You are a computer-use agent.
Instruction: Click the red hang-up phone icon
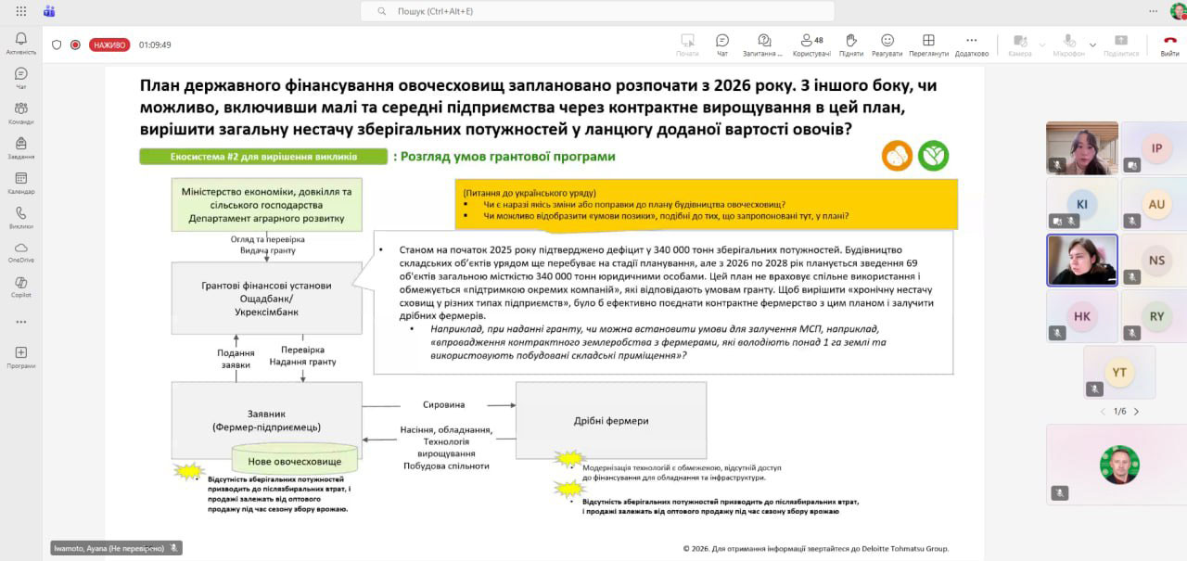(1170, 41)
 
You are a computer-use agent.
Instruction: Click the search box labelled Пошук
(597, 11)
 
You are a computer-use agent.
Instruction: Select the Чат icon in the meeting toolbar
(722, 41)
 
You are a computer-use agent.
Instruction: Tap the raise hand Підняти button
(851, 41)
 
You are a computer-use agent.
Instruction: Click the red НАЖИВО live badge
(109, 45)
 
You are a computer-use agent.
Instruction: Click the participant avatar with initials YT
(1119, 372)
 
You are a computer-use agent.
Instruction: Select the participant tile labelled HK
(1082, 316)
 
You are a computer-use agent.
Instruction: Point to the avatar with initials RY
(1156, 316)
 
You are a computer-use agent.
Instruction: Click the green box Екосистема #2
(263, 157)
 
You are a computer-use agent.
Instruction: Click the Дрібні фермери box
(611, 420)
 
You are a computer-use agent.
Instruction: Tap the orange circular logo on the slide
(898, 156)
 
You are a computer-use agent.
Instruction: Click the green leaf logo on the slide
(934, 156)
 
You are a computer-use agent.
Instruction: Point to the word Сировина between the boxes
(443, 405)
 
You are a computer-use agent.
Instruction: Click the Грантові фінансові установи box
(267, 298)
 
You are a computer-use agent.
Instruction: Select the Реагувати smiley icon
(887, 41)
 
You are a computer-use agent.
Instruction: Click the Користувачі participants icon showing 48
(804, 41)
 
